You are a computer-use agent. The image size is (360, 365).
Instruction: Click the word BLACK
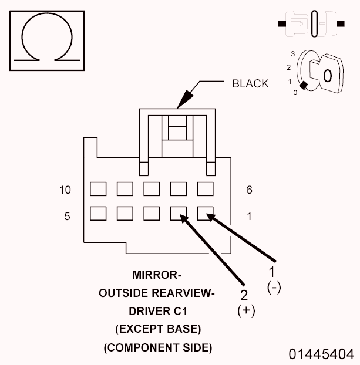[x=250, y=84]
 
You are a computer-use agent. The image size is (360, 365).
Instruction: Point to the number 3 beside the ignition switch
[x=292, y=54]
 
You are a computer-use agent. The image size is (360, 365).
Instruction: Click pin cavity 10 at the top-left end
[x=97, y=188]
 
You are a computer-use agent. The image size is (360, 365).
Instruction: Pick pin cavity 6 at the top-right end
[x=204, y=188]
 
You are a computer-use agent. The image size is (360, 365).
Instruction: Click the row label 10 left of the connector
[x=65, y=190]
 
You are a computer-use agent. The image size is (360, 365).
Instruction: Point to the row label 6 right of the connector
[x=249, y=190]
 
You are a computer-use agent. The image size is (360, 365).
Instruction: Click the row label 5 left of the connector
[x=68, y=217]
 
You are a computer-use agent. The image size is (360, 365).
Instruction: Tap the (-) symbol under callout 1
[x=274, y=287]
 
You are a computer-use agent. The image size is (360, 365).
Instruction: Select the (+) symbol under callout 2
[x=246, y=310]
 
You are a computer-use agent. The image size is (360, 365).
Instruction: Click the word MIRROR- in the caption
[x=157, y=275]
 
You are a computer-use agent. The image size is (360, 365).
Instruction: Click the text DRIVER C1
[x=157, y=311]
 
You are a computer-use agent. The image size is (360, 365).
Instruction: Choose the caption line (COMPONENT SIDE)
[x=157, y=347]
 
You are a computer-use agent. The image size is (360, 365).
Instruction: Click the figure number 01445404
[x=321, y=354]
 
